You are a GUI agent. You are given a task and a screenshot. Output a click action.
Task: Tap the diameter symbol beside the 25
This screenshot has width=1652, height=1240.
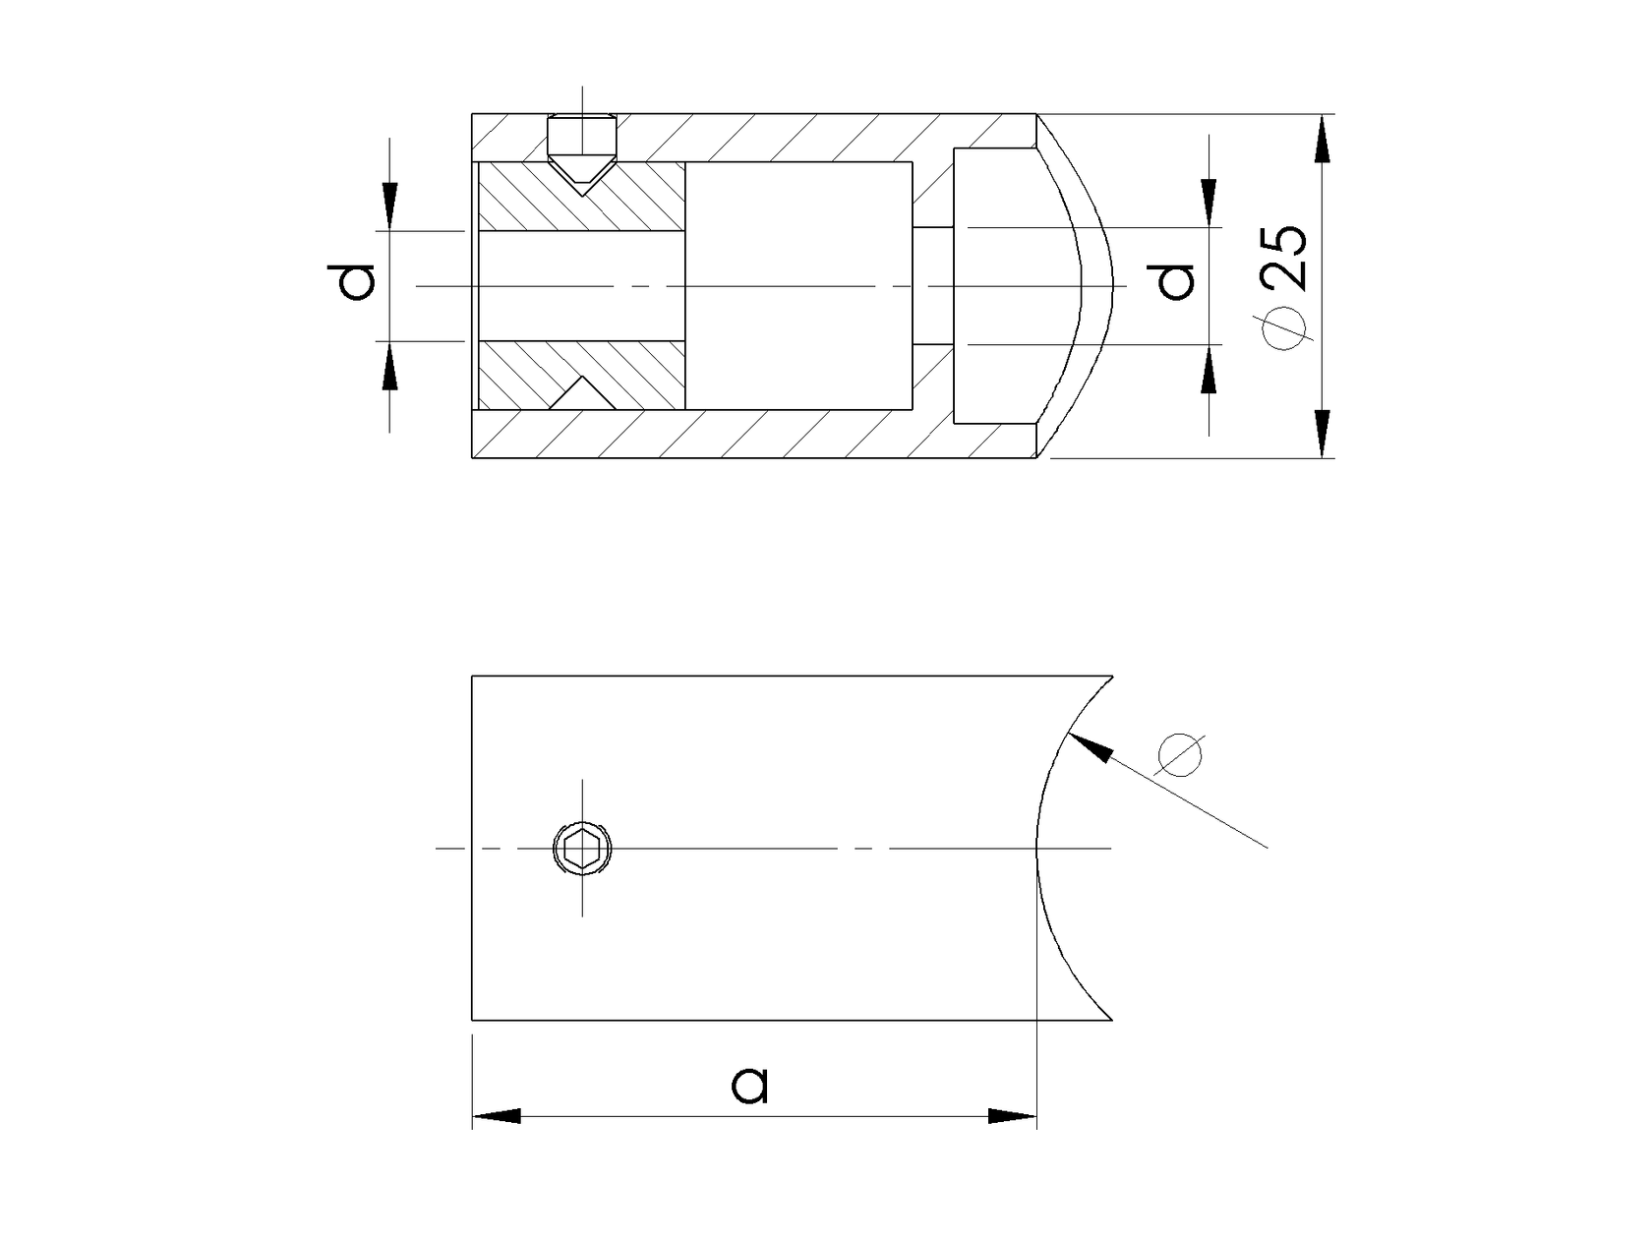[1285, 328]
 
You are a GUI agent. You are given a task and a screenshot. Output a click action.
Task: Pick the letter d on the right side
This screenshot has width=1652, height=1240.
[1175, 281]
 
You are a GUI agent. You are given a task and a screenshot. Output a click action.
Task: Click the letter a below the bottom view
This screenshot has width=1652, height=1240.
[750, 1086]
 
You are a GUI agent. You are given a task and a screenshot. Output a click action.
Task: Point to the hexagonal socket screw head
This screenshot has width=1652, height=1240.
[582, 848]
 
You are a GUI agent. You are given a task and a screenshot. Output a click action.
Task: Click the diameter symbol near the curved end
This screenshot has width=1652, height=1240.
[1180, 754]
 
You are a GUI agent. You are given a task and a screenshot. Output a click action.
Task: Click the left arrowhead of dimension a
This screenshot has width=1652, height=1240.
[497, 1116]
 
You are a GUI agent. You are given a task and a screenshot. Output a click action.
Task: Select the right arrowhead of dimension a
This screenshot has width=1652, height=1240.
[1012, 1116]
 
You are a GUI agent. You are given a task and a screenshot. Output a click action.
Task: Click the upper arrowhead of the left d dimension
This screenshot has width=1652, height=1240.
[390, 207]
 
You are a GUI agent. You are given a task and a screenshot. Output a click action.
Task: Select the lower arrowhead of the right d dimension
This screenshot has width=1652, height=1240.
[1209, 371]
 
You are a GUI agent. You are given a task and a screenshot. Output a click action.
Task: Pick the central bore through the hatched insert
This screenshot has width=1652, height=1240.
[580, 286]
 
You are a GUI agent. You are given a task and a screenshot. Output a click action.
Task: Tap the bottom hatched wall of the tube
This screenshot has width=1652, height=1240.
[747, 435]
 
